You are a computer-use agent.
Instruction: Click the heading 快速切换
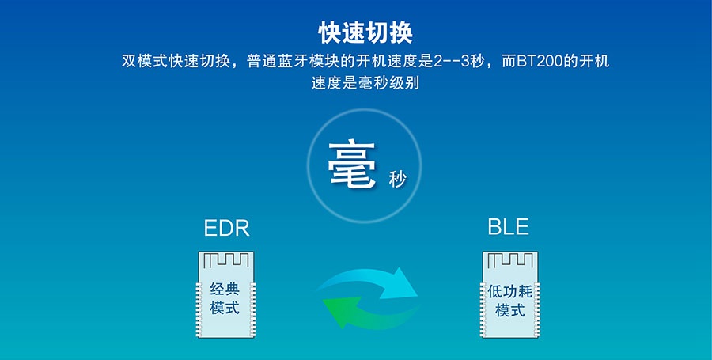[x=365, y=32]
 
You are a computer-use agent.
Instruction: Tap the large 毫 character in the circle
[x=352, y=165]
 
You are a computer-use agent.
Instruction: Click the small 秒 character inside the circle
[x=397, y=180]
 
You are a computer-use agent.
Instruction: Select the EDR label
[x=226, y=229]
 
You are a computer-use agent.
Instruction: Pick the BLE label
[x=508, y=227]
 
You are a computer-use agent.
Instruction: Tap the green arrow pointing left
[x=363, y=313]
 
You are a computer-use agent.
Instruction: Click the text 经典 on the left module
[x=225, y=288]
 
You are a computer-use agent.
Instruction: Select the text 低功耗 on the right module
[x=510, y=291]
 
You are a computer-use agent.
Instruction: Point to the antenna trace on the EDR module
[x=225, y=260]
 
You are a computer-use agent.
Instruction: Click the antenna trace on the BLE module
[x=510, y=260]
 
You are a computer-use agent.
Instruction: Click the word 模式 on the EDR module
[x=225, y=308]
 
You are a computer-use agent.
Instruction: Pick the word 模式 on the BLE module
[x=510, y=310]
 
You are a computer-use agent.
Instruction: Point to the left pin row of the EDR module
[x=199, y=309]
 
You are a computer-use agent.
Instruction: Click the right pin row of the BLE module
[x=537, y=309]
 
